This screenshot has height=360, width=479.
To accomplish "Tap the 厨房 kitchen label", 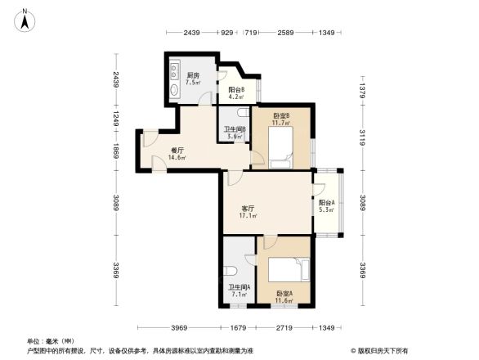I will click(x=193, y=74).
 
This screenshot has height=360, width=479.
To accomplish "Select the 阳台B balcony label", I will click(x=236, y=90).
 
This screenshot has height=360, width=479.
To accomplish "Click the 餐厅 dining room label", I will click(x=177, y=150).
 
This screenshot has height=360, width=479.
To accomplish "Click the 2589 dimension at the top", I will click(x=285, y=33).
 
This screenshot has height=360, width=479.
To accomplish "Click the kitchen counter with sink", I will click(x=174, y=79).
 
